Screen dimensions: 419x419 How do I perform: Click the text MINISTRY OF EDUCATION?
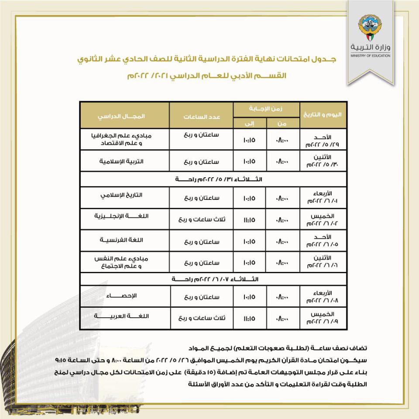click(370, 55)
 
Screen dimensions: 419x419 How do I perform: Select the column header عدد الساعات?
click(201, 116)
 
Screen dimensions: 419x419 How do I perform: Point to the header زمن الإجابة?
click(267, 108)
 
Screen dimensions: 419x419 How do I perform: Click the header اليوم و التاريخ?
click(322, 116)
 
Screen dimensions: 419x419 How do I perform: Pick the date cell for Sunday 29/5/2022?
click(323, 139)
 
